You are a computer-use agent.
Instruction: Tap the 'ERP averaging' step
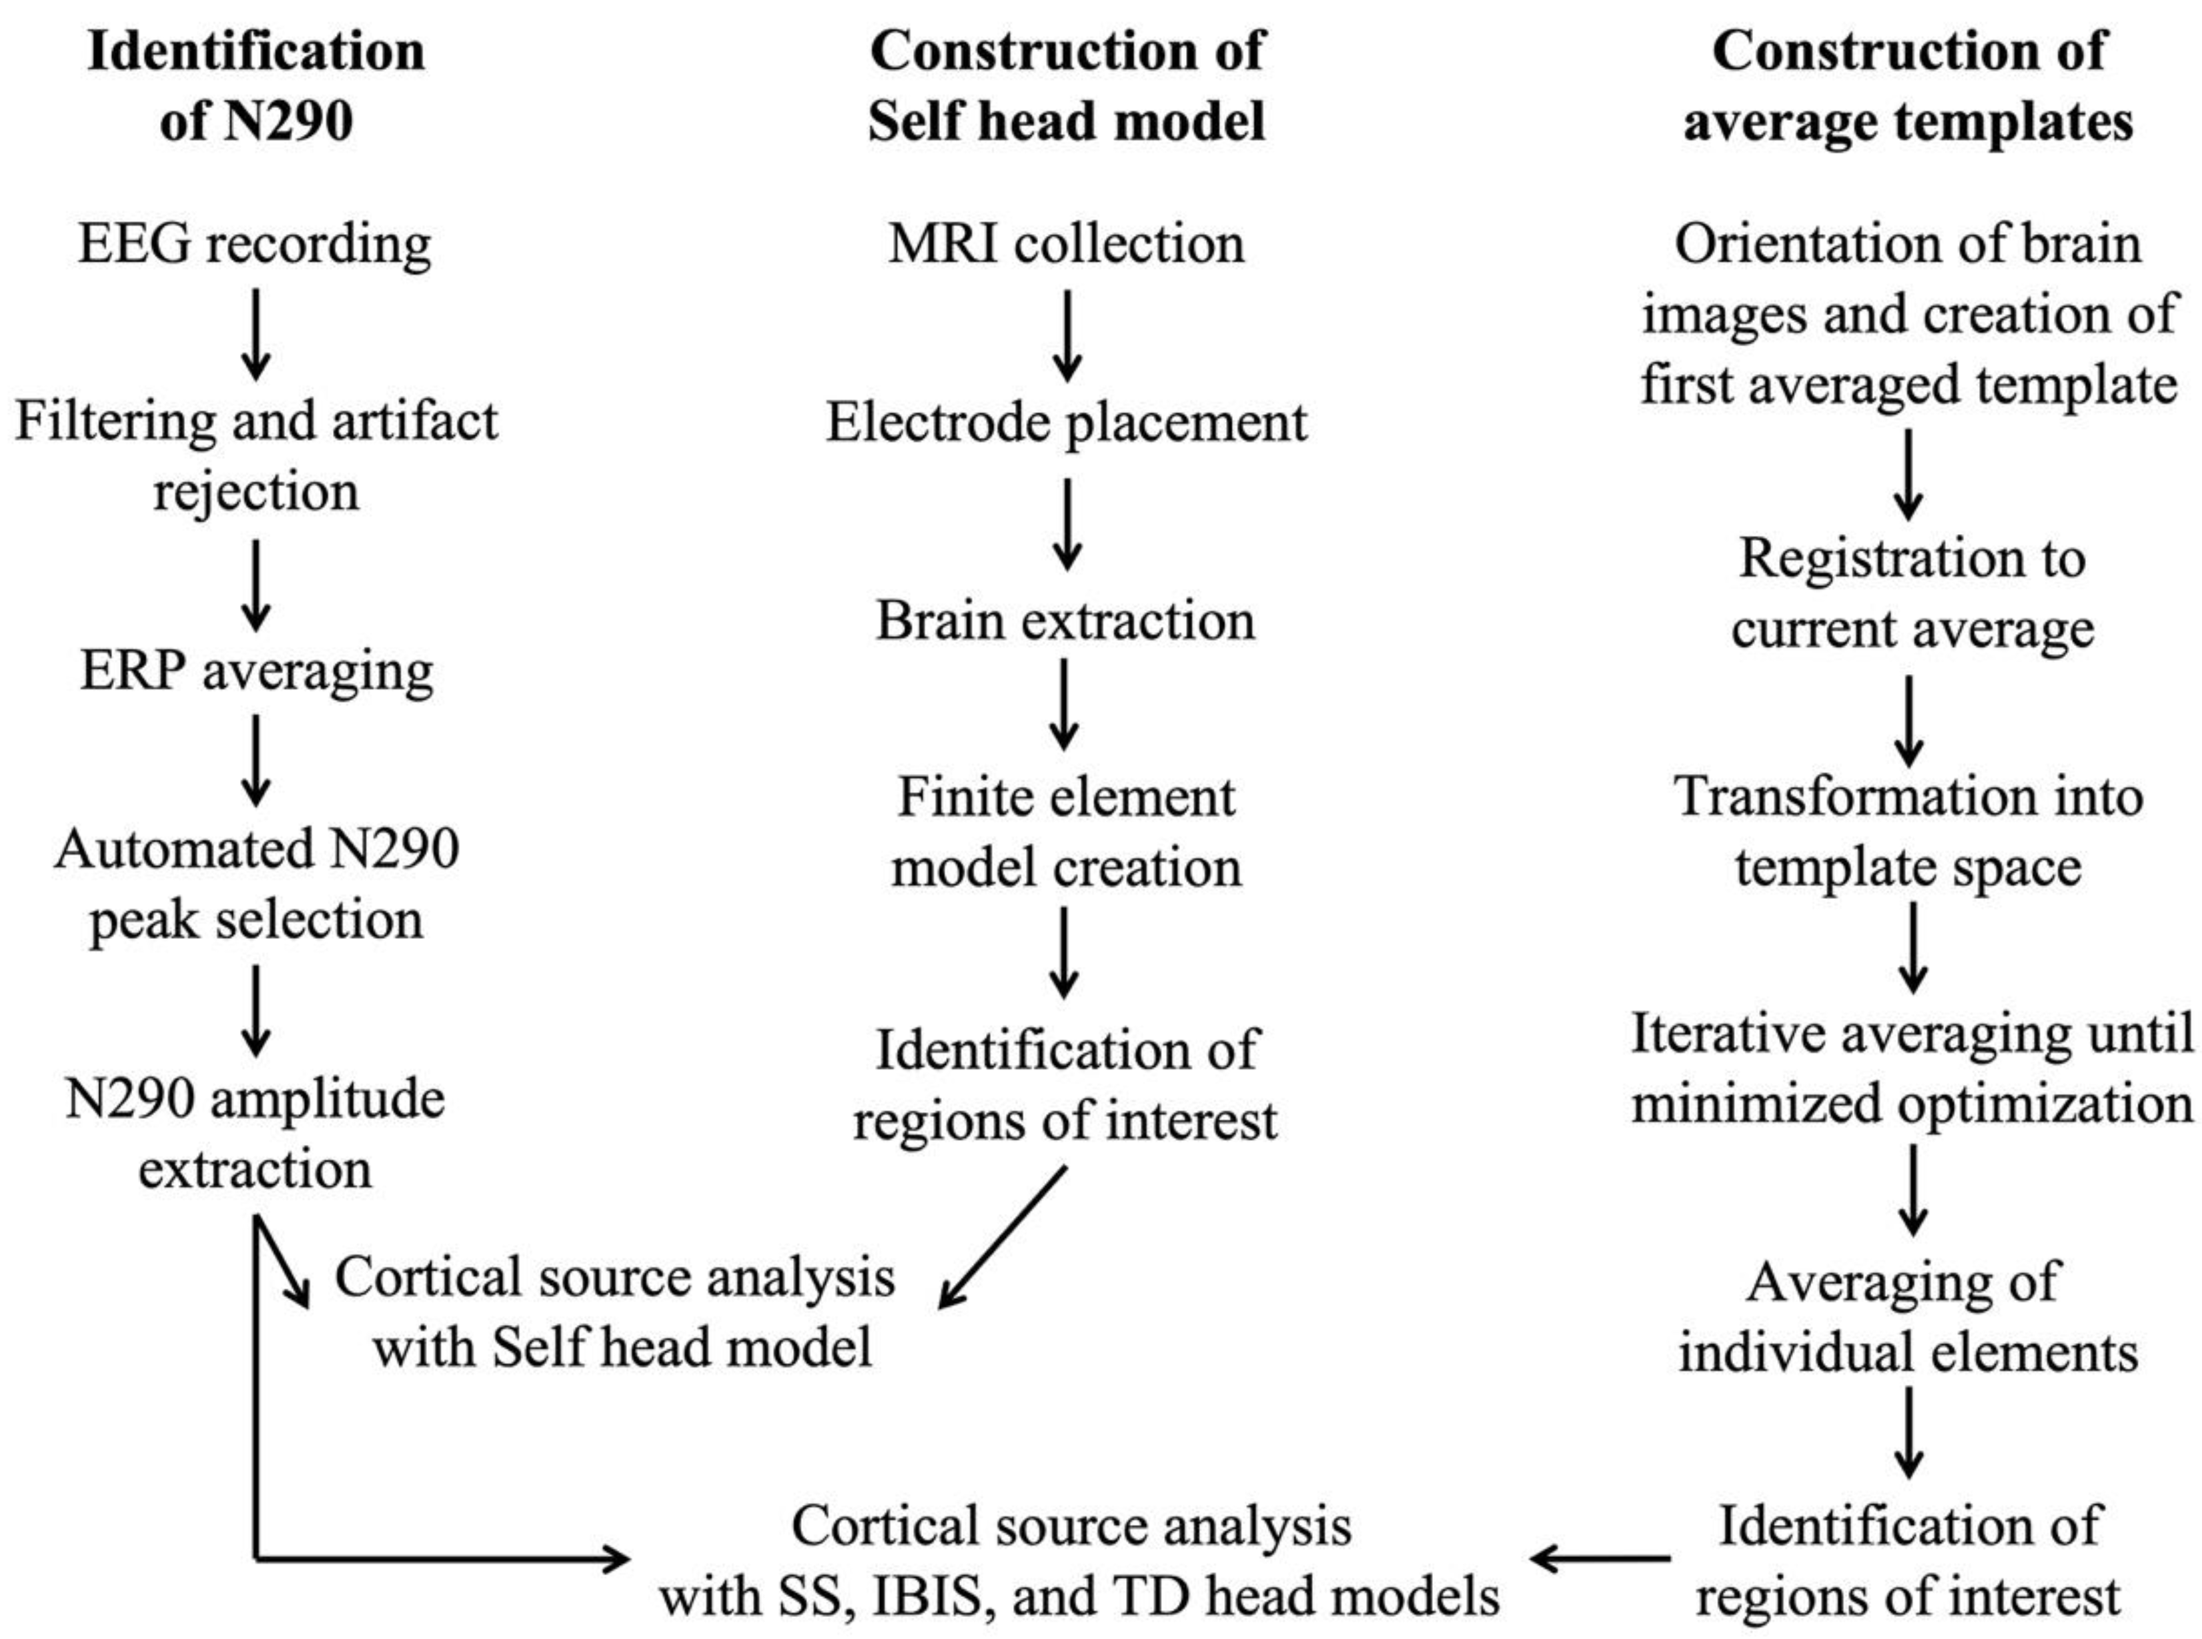tap(256, 671)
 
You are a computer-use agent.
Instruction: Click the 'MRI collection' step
tap(1066, 244)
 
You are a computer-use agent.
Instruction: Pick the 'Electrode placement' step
tap(1066, 423)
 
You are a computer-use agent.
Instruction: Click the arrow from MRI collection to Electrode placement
tap(1067, 335)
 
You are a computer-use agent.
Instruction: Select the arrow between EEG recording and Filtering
tap(256, 334)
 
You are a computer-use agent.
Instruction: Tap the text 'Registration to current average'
tap(1911, 593)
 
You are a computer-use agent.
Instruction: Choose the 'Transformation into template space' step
tap(1907, 832)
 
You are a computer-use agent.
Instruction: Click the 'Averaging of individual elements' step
tap(1907, 1316)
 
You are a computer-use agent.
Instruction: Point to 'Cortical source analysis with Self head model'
tap(615, 1312)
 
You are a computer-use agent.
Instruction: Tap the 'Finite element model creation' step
tap(1066, 832)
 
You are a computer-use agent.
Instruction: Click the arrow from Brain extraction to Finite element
tap(1064, 704)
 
